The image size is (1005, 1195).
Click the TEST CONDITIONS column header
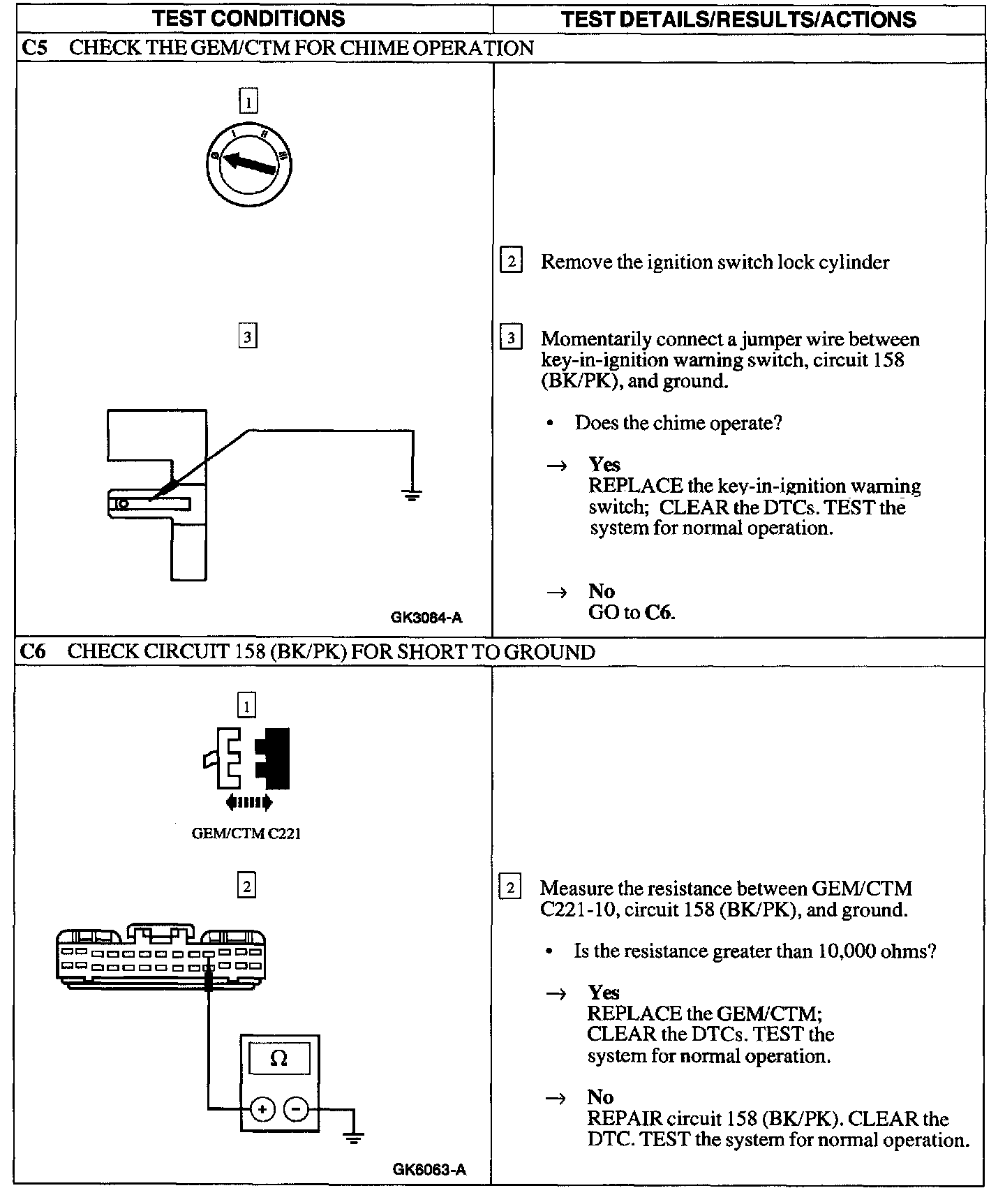(x=248, y=19)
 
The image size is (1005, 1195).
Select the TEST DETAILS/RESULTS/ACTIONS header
(x=738, y=19)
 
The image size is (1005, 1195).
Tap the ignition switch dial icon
(x=249, y=165)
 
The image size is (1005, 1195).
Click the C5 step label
(x=34, y=48)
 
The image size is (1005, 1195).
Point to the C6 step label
(x=33, y=652)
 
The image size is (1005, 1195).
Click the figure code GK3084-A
(x=426, y=617)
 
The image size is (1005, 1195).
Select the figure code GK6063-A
(x=429, y=1170)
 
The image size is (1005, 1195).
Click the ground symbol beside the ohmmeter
(x=354, y=1138)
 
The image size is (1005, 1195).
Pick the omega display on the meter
(x=278, y=1059)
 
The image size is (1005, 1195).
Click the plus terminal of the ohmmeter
(x=262, y=1108)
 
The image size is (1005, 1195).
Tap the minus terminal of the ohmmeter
(x=297, y=1108)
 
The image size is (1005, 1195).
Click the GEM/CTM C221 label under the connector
(x=246, y=833)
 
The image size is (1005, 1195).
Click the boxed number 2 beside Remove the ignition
(x=511, y=262)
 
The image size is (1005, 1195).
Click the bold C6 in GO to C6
(x=659, y=613)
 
